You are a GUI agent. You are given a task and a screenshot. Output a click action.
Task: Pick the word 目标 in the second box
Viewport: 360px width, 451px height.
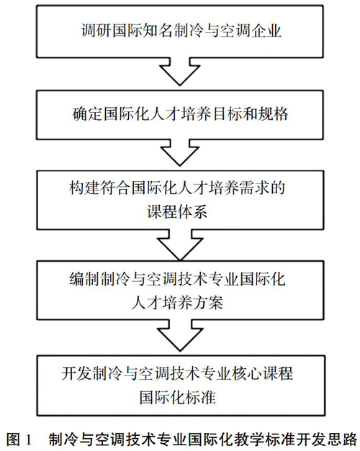coord(227,114)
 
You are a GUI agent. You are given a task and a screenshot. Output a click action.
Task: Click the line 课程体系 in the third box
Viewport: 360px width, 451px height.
coord(177,212)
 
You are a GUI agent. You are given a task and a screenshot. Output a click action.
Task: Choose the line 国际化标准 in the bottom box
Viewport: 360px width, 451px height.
coord(178,397)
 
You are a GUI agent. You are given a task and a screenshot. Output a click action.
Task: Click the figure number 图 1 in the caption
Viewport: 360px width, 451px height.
coord(19,439)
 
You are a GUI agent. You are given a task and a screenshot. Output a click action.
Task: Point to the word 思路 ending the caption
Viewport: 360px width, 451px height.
coord(343,439)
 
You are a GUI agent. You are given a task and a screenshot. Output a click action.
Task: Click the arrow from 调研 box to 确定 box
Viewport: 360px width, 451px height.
coord(180,71)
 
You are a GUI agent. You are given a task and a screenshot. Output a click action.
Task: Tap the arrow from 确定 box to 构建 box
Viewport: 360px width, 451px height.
coord(180,152)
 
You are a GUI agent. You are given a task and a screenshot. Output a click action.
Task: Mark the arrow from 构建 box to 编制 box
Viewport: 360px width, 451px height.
coord(180,245)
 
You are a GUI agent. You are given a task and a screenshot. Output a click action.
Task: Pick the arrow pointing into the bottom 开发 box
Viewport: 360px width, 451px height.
coord(180,334)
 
